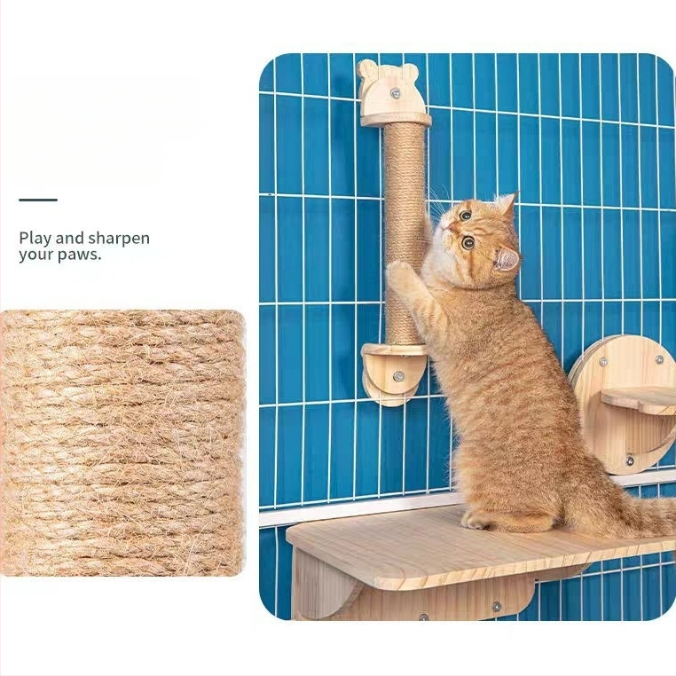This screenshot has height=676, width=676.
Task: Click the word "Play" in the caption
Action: coord(35,239)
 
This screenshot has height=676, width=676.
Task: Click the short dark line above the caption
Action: coord(38,200)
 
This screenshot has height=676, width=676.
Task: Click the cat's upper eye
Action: coord(465,215)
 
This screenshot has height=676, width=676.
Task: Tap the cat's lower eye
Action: coord(468,243)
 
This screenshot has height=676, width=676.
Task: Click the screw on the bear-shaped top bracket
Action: coord(395,92)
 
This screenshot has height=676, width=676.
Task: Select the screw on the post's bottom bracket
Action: coord(398,376)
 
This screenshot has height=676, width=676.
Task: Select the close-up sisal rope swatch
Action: coord(123,444)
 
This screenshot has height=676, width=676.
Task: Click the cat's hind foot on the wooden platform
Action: coord(478,521)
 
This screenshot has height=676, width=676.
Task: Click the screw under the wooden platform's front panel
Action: coord(497,607)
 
